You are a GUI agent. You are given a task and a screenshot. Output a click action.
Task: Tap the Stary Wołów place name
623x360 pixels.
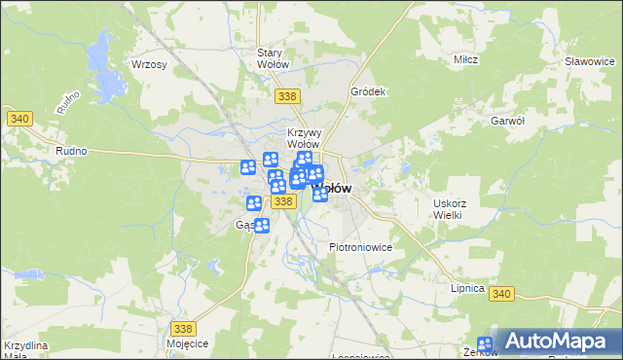273,58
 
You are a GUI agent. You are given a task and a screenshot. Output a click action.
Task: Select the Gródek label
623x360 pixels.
369,91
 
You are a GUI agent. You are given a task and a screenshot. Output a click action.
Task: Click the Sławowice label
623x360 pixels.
588,60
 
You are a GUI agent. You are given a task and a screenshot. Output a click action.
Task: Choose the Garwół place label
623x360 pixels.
508,121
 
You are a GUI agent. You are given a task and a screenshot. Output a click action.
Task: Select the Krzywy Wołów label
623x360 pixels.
303,138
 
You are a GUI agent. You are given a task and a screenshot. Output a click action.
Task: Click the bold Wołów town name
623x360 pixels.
331,188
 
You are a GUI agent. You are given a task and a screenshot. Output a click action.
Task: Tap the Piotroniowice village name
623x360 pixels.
360,247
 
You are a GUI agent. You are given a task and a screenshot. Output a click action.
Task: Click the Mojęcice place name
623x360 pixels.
187,344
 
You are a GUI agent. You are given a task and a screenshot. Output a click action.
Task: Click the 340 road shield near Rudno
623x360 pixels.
19,119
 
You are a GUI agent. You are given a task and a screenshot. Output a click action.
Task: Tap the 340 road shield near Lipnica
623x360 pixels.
501,295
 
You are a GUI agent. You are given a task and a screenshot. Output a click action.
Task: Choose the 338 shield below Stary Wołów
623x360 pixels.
286,96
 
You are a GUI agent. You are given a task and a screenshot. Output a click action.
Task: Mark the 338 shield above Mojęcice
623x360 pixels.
183,329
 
